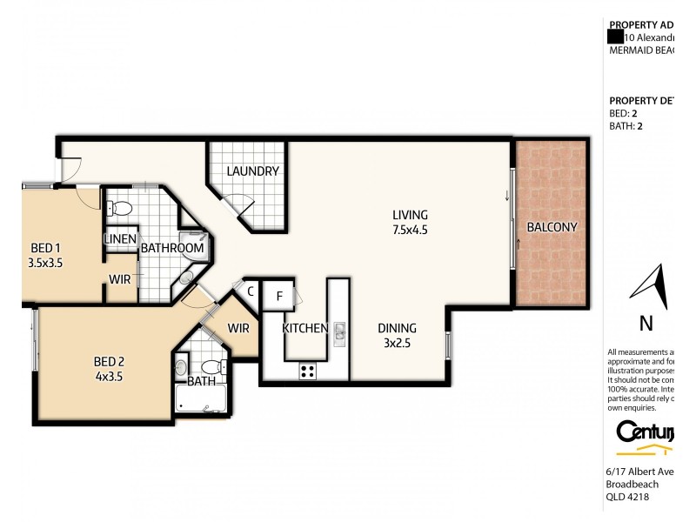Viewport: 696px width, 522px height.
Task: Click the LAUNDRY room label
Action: [252, 171]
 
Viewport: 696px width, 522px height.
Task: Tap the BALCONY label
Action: [552, 227]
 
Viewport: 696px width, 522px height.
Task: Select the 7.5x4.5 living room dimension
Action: [410, 231]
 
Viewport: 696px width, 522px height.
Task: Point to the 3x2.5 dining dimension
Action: [397, 344]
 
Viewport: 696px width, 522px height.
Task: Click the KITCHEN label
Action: [304, 329]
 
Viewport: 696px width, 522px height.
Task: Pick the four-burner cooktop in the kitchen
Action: [307, 371]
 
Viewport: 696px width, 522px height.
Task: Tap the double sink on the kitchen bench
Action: [338, 330]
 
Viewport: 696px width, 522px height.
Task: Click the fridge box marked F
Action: [278, 295]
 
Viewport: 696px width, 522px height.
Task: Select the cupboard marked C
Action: [250, 291]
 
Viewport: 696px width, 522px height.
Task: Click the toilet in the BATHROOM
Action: [121, 209]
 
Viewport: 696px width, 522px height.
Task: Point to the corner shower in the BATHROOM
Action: [192, 243]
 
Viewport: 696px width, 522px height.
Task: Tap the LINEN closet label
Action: [120, 239]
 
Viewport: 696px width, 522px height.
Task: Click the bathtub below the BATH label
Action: [199, 399]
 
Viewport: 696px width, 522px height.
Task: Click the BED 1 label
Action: [42, 245]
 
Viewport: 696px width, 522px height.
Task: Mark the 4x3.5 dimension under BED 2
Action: [109, 378]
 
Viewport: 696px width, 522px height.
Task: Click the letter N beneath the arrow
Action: [646, 325]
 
